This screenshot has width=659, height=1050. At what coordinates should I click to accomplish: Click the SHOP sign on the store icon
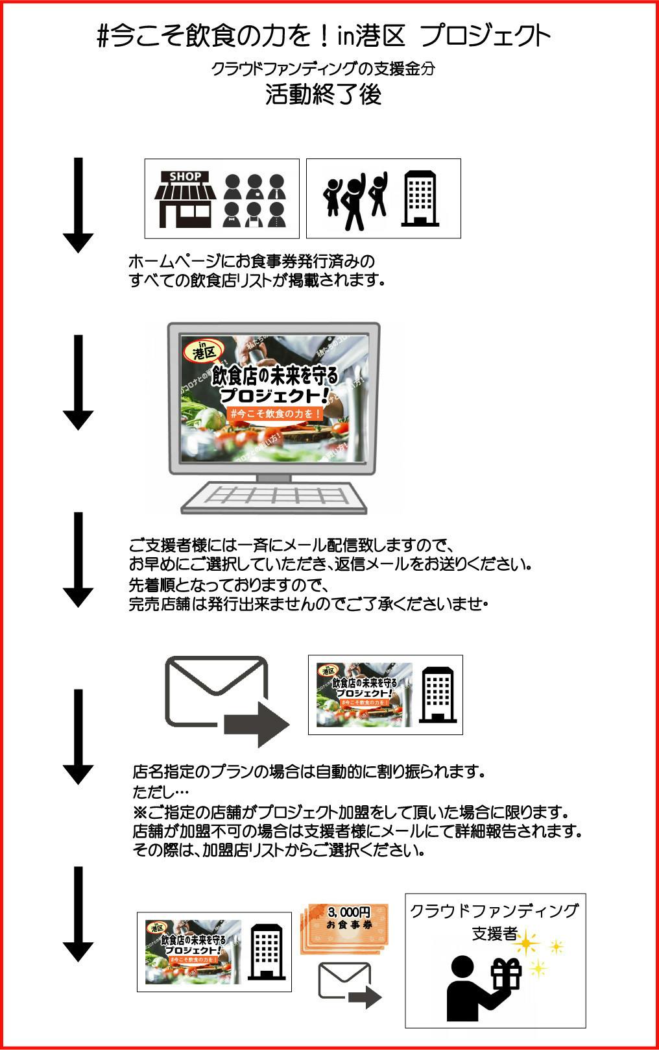point(186,176)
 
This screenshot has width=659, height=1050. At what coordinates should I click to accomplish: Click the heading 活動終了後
point(323,95)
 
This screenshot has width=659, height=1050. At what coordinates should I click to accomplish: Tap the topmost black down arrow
point(78,205)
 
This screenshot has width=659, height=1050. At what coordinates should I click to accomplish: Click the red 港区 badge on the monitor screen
point(204,352)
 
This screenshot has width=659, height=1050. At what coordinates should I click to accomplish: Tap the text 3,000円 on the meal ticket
point(348,912)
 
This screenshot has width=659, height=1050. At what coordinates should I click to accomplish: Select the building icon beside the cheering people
point(419,199)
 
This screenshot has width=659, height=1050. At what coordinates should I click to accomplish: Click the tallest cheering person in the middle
point(354,201)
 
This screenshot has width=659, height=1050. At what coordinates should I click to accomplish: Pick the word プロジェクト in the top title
point(485,36)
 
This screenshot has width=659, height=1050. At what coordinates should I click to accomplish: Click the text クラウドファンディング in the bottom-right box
point(494,910)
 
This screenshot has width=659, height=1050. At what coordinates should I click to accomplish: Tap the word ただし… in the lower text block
point(160,792)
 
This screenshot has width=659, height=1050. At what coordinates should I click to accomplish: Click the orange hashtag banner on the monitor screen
point(276,413)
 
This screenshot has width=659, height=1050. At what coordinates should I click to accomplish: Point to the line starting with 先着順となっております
point(230,584)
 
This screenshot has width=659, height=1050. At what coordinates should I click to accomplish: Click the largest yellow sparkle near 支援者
point(527,942)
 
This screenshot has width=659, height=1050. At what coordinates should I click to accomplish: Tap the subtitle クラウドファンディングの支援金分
point(322,68)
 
